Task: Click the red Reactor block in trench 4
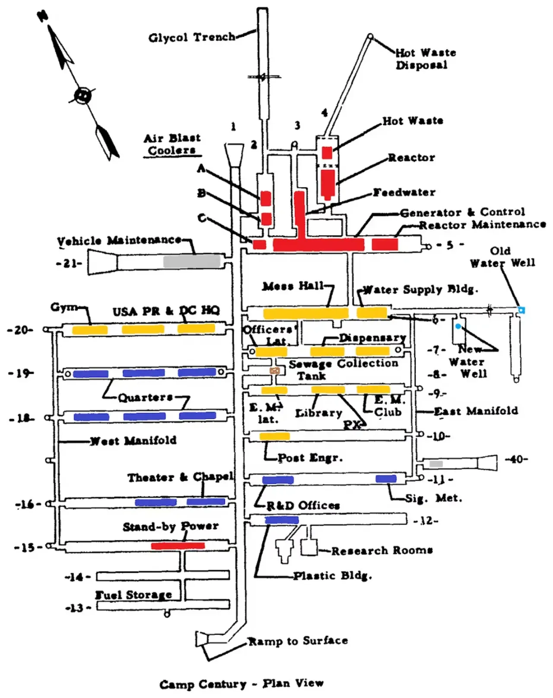click(x=327, y=184)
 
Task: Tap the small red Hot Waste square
click(x=327, y=153)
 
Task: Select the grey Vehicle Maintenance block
click(x=191, y=262)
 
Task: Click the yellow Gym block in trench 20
click(x=89, y=330)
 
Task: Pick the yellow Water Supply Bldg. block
click(x=372, y=313)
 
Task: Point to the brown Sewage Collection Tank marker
click(x=275, y=370)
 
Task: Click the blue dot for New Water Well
click(x=458, y=326)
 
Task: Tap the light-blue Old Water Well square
click(x=521, y=310)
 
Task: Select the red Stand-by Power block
click(x=178, y=546)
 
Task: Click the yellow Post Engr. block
click(x=275, y=436)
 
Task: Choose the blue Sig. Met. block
click(x=386, y=479)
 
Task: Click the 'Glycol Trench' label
click(x=191, y=37)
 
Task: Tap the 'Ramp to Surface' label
click(x=298, y=641)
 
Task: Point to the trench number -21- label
click(x=69, y=263)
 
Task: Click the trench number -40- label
click(x=516, y=459)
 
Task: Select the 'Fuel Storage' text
click(x=133, y=594)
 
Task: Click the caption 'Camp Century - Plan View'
click(x=241, y=683)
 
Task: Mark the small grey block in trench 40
click(x=436, y=464)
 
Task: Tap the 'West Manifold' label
click(x=133, y=440)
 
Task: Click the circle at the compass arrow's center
click(x=82, y=95)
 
